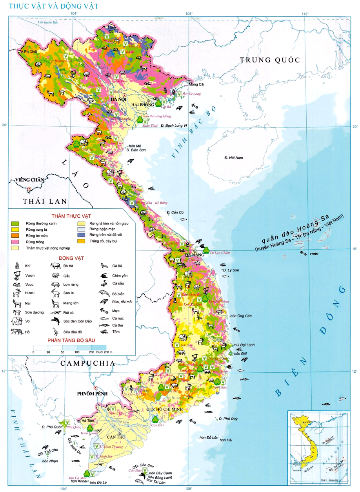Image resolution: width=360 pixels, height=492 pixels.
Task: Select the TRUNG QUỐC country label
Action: click(270, 60)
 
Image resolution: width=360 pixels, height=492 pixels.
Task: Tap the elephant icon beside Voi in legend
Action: click(17, 322)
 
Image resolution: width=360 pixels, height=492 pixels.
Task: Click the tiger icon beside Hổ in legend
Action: click(17, 332)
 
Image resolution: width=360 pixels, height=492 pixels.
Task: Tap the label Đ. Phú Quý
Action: click(228, 419)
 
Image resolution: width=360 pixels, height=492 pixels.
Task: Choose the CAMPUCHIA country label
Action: click(88, 363)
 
